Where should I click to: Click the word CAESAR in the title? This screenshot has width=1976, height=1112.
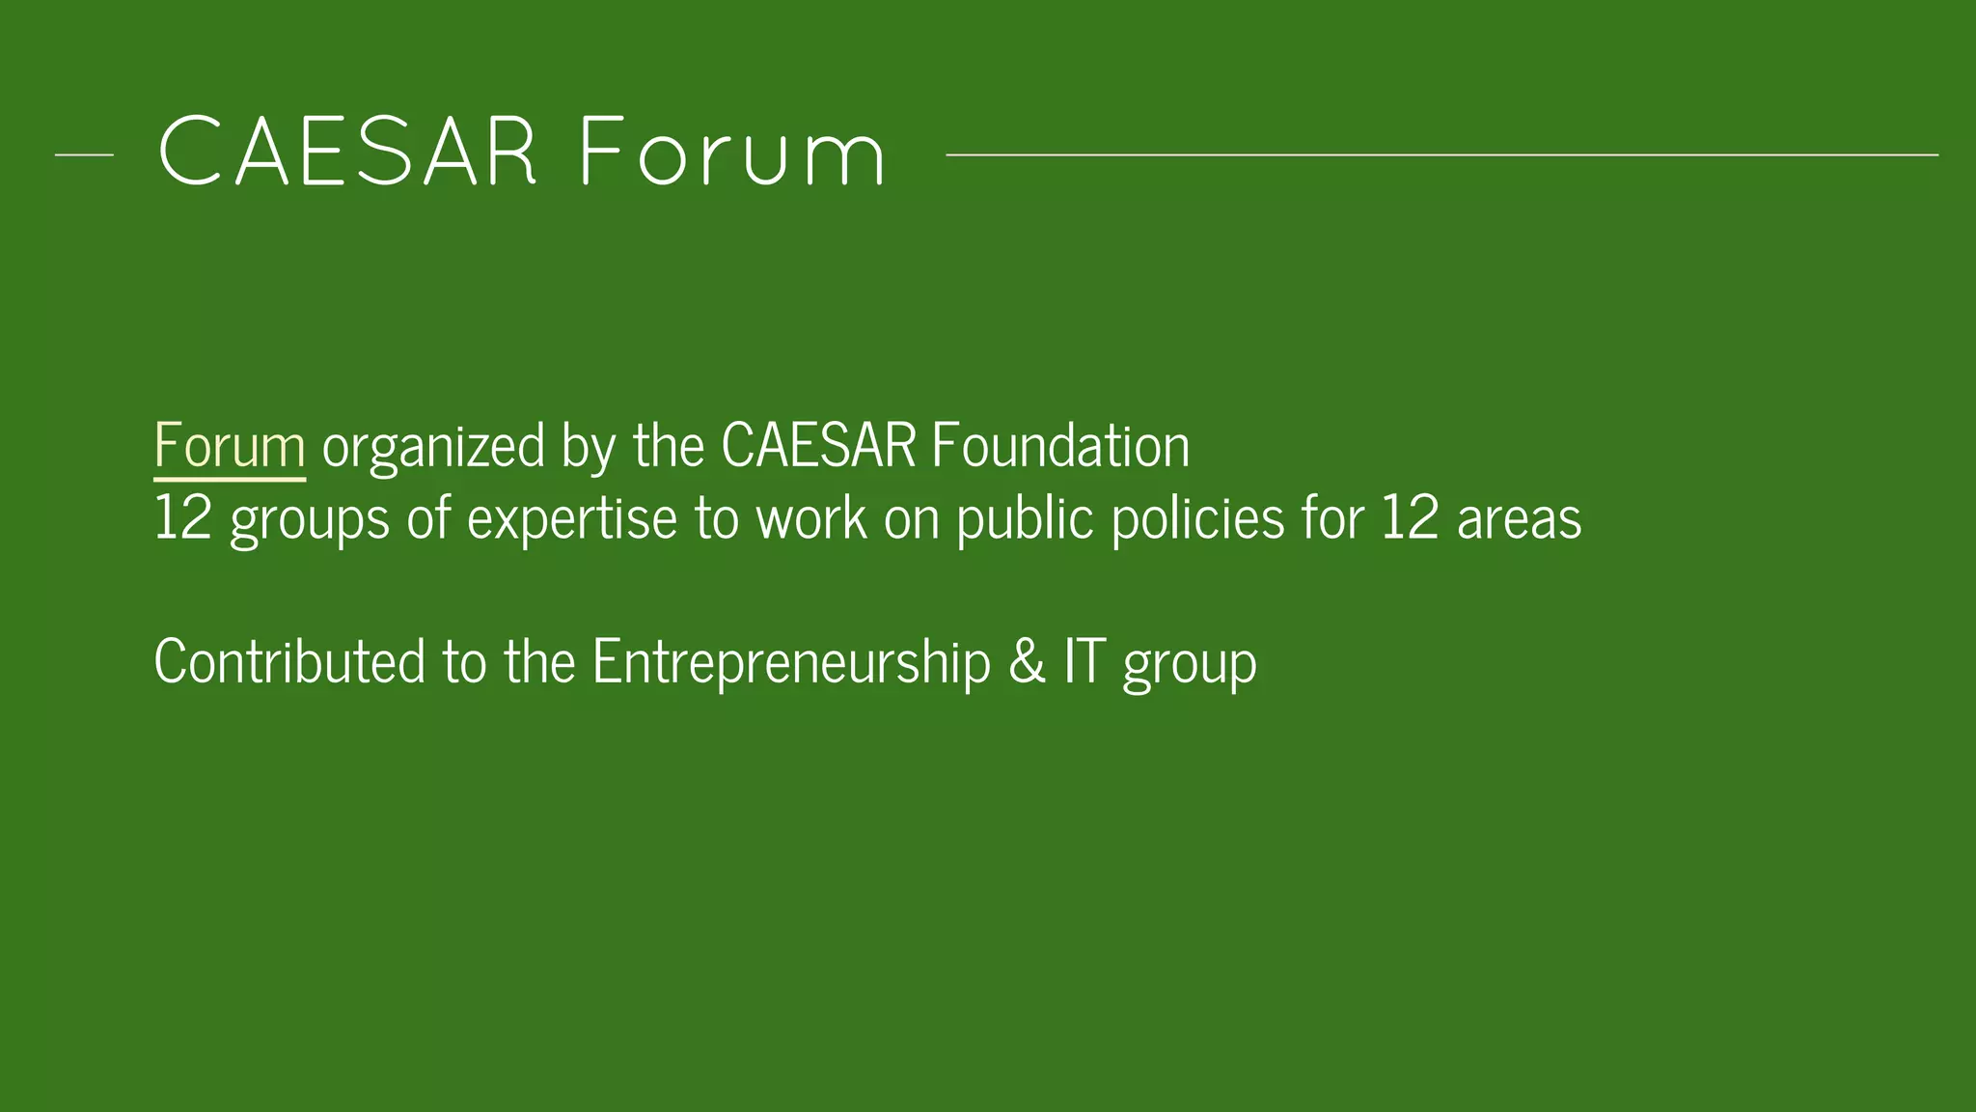[x=347, y=153]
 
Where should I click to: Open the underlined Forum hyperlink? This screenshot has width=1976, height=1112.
[x=230, y=447]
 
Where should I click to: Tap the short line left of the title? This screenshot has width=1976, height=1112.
[x=84, y=154]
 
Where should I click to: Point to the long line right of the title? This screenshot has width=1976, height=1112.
[x=1441, y=154]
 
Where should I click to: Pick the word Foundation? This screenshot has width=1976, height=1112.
[x=1060, y=447]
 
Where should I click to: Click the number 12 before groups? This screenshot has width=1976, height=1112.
[x=182, y=519]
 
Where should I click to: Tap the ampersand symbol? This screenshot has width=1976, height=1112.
[x=1027, y=663]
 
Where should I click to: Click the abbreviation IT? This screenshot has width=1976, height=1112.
[x=1084, y=662]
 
